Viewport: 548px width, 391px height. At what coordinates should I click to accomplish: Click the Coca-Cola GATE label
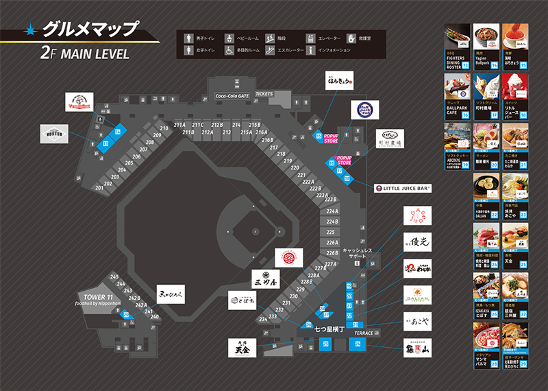[233, 97]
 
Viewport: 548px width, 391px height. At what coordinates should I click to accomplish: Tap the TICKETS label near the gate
[264, 93]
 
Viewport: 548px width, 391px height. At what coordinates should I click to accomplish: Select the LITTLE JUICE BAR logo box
[402, 187]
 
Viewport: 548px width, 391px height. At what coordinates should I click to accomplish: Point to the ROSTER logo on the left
[55, 133]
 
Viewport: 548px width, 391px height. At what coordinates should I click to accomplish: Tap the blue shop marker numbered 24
[358, 344]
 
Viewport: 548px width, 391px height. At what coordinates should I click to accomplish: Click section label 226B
[332, 252]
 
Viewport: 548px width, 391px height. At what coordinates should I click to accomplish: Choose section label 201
[99, 187]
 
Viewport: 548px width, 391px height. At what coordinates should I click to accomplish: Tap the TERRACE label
[364, 333]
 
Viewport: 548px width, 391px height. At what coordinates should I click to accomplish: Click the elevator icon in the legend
[310, 37]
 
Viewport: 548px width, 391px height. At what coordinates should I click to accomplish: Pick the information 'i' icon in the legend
[310, 50]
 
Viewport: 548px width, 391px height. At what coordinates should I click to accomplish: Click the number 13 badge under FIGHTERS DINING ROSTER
[466, 65]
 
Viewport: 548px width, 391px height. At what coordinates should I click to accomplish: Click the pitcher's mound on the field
[255, 230]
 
